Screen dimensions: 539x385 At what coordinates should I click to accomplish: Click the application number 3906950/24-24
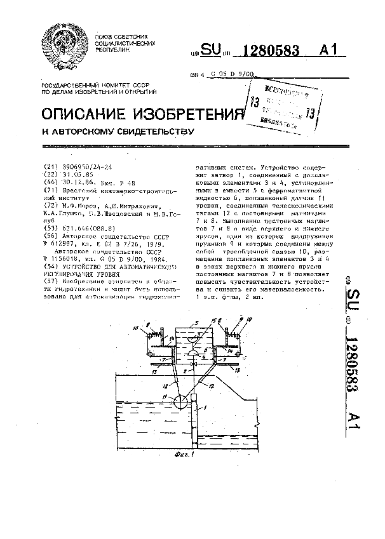(89, 167)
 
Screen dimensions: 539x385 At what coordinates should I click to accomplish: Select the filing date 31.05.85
(78, 173)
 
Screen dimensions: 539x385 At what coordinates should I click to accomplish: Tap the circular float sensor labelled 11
(180, 401)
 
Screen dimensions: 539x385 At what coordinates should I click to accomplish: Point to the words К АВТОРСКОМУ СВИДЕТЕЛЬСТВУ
(117, 132)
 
